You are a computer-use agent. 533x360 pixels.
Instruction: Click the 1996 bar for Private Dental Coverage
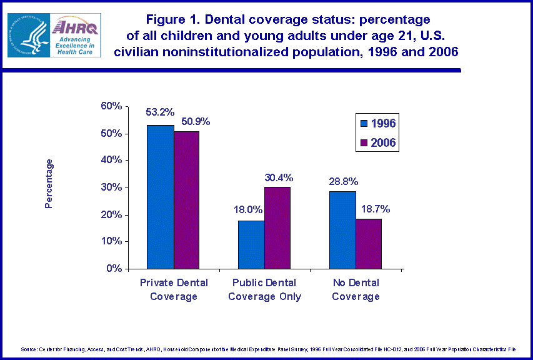(x=160, y=197)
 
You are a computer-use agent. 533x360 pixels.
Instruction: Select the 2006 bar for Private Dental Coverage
(x=187, y=200)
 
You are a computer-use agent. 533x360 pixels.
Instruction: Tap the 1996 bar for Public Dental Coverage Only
(x=251, y=244)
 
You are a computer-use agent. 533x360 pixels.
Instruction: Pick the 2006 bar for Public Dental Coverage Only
(x=278, y=227)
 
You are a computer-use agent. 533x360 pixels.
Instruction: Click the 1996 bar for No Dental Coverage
(x=342, y=230)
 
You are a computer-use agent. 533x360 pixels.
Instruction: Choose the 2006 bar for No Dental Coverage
(x=369, y=244)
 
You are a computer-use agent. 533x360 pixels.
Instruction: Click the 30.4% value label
(x=278, y=177)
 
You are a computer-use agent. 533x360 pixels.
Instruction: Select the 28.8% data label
(x=344, y=181)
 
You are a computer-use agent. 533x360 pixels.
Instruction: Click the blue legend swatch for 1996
(x=365, y=123)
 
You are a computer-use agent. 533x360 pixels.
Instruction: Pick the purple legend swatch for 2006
(x=365, y=143)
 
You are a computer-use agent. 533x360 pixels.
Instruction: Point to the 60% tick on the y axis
(x=111, y=106)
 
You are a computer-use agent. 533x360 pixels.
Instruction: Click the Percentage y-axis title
(x=49, y=183)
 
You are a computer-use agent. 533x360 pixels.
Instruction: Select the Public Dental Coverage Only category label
(x=265, y=290)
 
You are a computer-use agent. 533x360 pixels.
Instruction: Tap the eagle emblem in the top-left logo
(x=28, y=36)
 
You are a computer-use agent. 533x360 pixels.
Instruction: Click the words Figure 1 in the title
(x=167, y=19)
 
